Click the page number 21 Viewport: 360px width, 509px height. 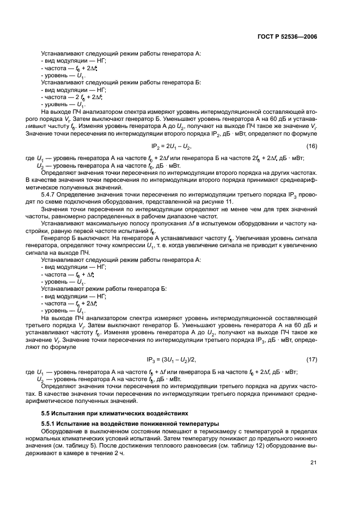(313, 462)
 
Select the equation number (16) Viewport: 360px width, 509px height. (312, 146)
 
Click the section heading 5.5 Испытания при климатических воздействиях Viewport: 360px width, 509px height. (114, 412)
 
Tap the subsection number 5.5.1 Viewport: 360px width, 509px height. (51, 423)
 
